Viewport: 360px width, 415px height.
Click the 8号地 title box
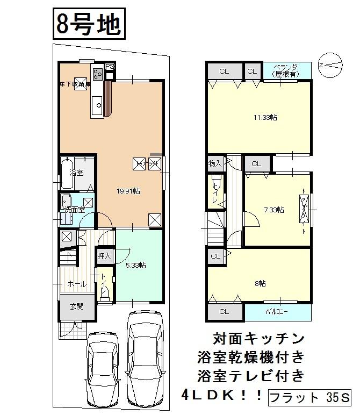point(88,25)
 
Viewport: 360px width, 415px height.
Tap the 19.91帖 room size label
point(129,191)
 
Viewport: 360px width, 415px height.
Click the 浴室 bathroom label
point(76,173)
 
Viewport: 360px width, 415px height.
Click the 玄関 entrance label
point(76,306)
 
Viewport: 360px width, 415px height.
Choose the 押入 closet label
point(104,256)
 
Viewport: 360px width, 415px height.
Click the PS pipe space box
point(110,66)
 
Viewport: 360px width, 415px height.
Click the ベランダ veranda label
point(286,70)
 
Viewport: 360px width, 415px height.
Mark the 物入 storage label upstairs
point(215,163)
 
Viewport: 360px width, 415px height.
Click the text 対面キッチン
point(259,339)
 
